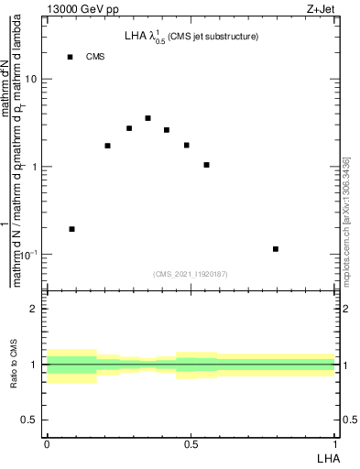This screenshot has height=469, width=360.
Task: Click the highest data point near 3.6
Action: (147, 118)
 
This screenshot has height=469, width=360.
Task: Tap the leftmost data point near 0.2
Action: (71, 229)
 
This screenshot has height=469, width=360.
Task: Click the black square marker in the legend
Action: (70, 57)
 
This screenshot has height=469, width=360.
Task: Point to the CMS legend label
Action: (95, 57)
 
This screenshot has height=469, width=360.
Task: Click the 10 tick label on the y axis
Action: (32, 79)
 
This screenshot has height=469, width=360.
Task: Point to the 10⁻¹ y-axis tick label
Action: (29, 254)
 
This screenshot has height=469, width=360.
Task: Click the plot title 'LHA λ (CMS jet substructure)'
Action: (191, 37)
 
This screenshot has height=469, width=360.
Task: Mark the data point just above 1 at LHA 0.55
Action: (207, 165)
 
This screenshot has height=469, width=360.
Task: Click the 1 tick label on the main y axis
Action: (35, 167)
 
